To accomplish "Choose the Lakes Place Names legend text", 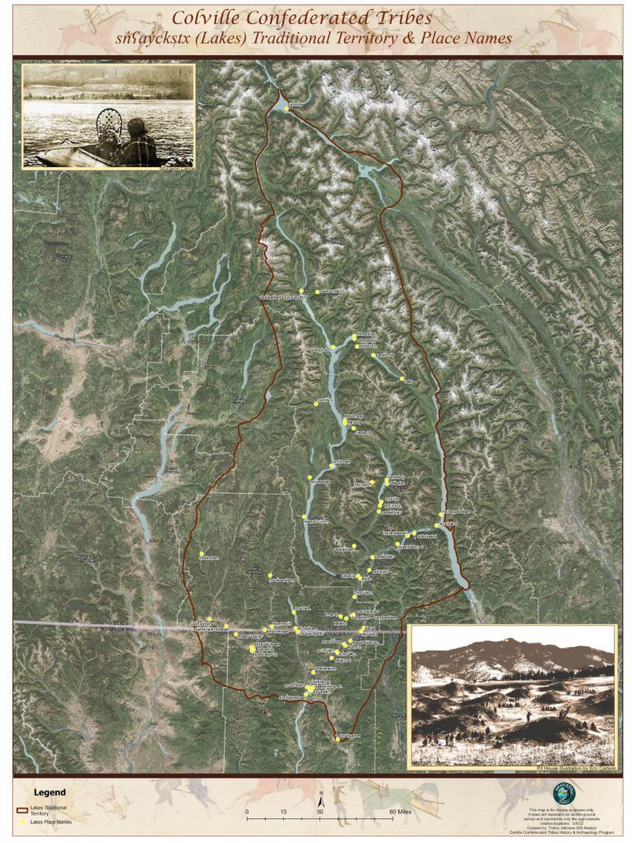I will [x=52, y=822].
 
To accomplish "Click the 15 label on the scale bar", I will [x=284, y=811].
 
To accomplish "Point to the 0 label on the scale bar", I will [x=248, y=811].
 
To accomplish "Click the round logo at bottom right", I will [x=564, y=793].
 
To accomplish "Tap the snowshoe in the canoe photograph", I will [x=106, y=128].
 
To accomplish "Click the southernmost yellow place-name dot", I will [x=337, y=738].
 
